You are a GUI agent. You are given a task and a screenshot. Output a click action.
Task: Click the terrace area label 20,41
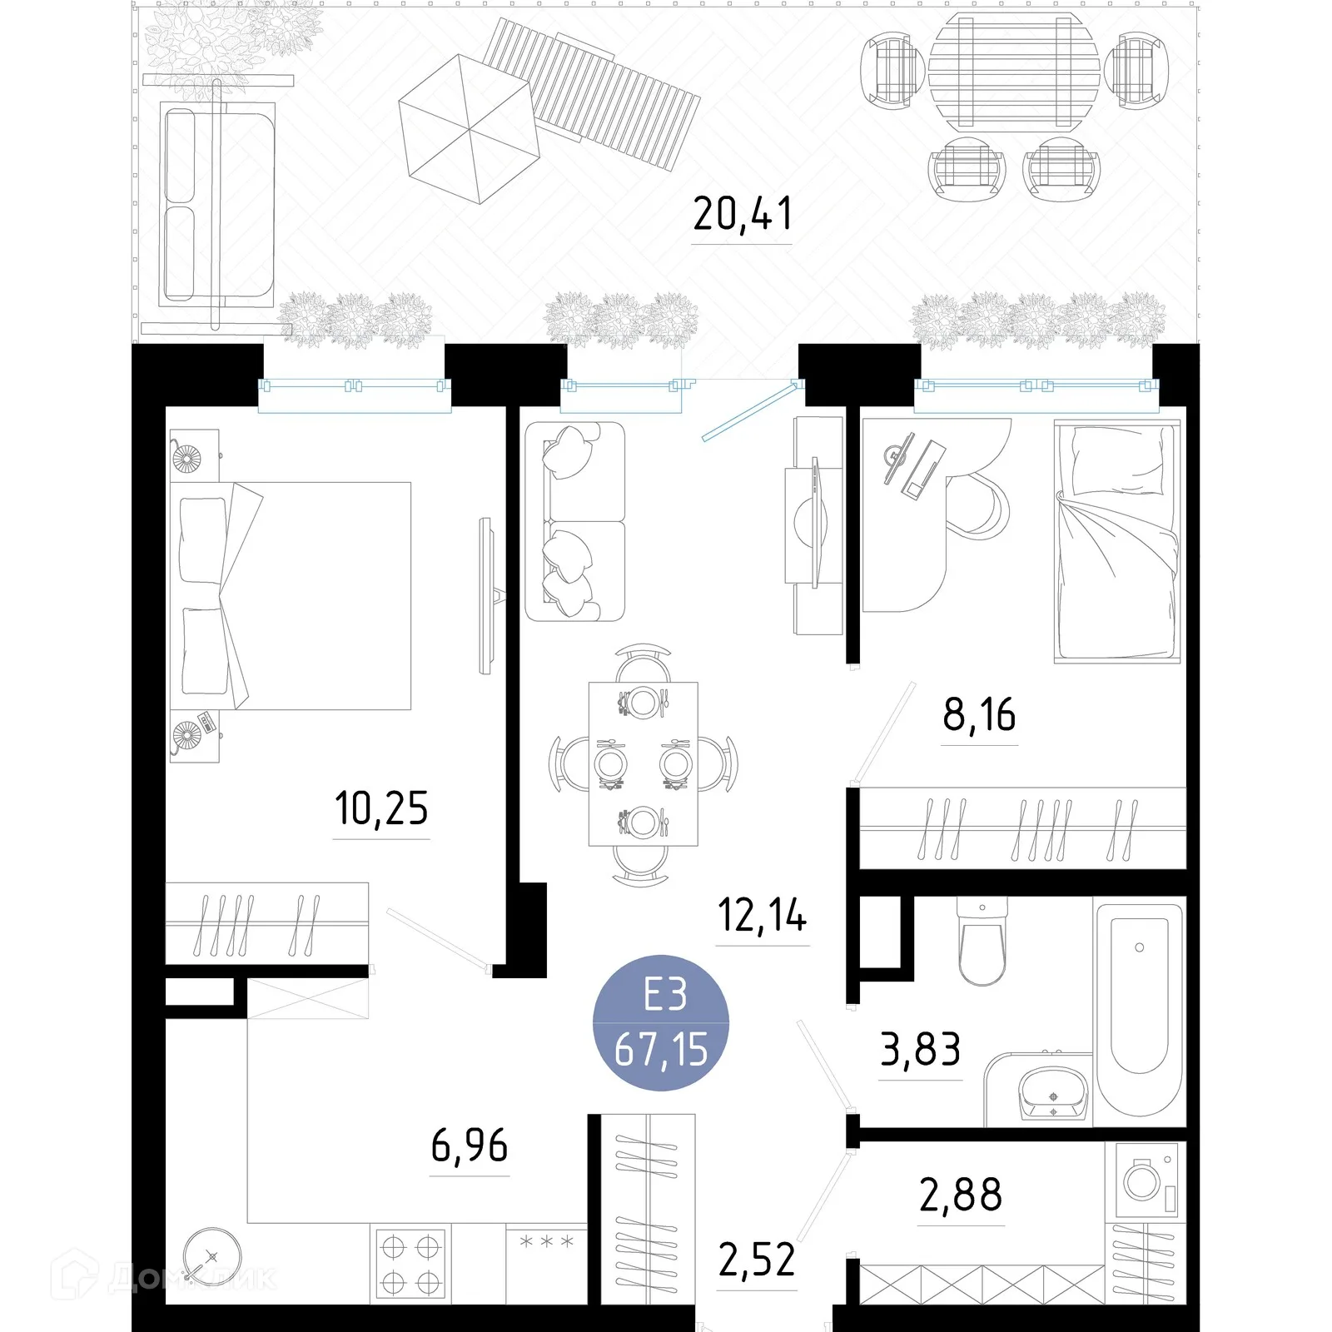pos(742,214)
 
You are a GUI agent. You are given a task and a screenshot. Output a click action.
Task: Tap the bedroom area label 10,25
pos(381,808)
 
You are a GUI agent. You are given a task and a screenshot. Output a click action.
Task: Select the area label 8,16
pos(979,715)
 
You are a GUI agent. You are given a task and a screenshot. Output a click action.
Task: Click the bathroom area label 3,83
pos(921,1049)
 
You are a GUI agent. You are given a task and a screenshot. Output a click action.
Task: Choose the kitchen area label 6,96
pos(470,1146)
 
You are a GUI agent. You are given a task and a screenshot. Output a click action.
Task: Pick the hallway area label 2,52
pos(757,1260)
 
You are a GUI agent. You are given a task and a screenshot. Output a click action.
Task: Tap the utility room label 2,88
pos(961,1195)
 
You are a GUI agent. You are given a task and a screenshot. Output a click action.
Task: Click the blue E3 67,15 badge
pos(661,1023)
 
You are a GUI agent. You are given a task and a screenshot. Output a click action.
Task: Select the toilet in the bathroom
pos(982,941)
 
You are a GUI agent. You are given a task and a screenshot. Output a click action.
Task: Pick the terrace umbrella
pos(470,129)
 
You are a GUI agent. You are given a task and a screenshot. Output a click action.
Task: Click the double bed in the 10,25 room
pos(291,596)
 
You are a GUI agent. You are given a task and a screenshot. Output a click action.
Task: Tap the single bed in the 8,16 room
pos(1117,541)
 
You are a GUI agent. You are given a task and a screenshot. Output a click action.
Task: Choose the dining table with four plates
pos(644,764)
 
